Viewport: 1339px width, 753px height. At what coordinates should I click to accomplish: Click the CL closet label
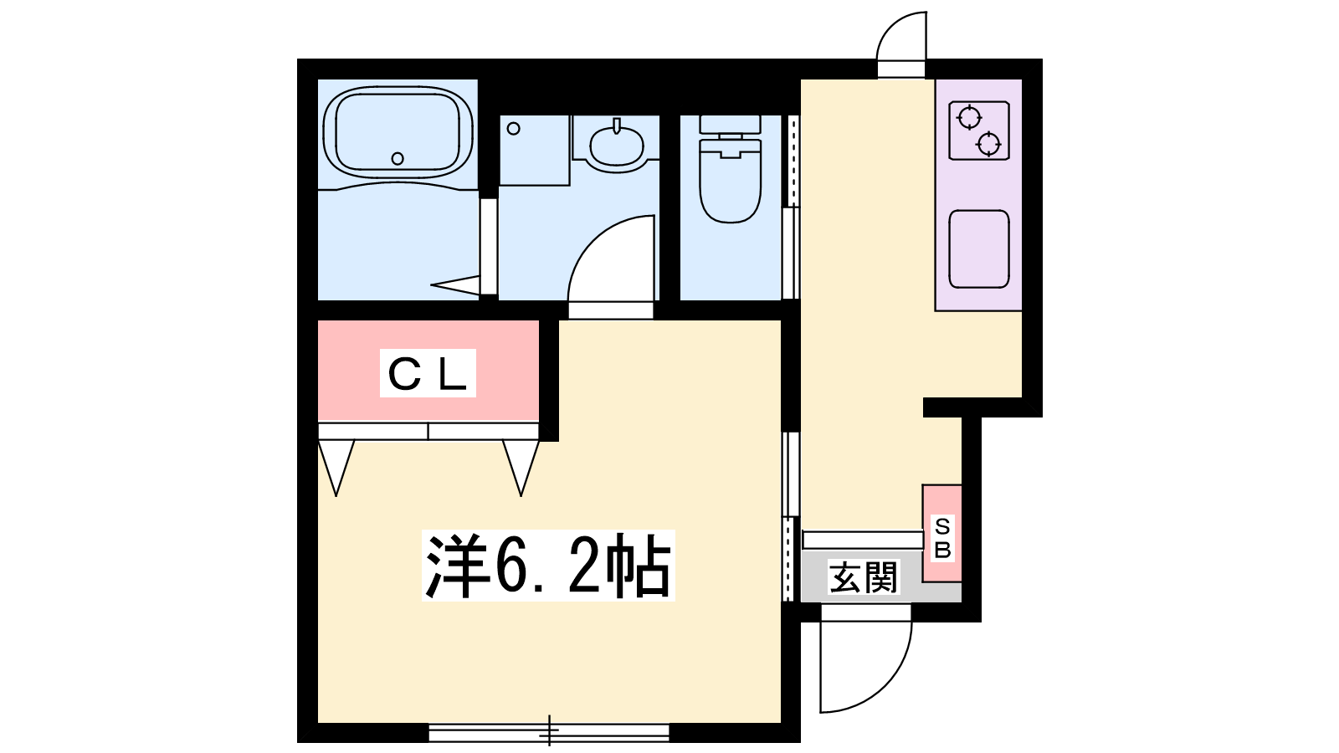tap(428, 374)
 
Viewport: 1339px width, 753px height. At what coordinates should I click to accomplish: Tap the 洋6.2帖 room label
tap(547, 566)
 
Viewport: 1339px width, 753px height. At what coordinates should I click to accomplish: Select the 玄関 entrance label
tap(864, 577)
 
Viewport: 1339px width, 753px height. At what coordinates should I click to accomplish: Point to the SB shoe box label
tap(942, 538)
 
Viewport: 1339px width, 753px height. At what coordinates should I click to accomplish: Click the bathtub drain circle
tap(398, 158)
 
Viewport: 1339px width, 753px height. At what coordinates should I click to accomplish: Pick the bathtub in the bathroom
tap(398, 132)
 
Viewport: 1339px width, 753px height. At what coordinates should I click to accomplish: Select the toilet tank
tap(730, 125)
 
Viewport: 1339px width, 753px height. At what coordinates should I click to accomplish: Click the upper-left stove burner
tap(968, 117)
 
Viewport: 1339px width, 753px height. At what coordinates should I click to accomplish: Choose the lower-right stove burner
tap(988, 143)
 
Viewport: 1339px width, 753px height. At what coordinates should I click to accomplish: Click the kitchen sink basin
tap(979, 248)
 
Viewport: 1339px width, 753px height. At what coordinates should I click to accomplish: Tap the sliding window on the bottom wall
tap(549, 733)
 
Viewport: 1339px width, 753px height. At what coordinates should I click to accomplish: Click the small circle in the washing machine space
tap(514, 129)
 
